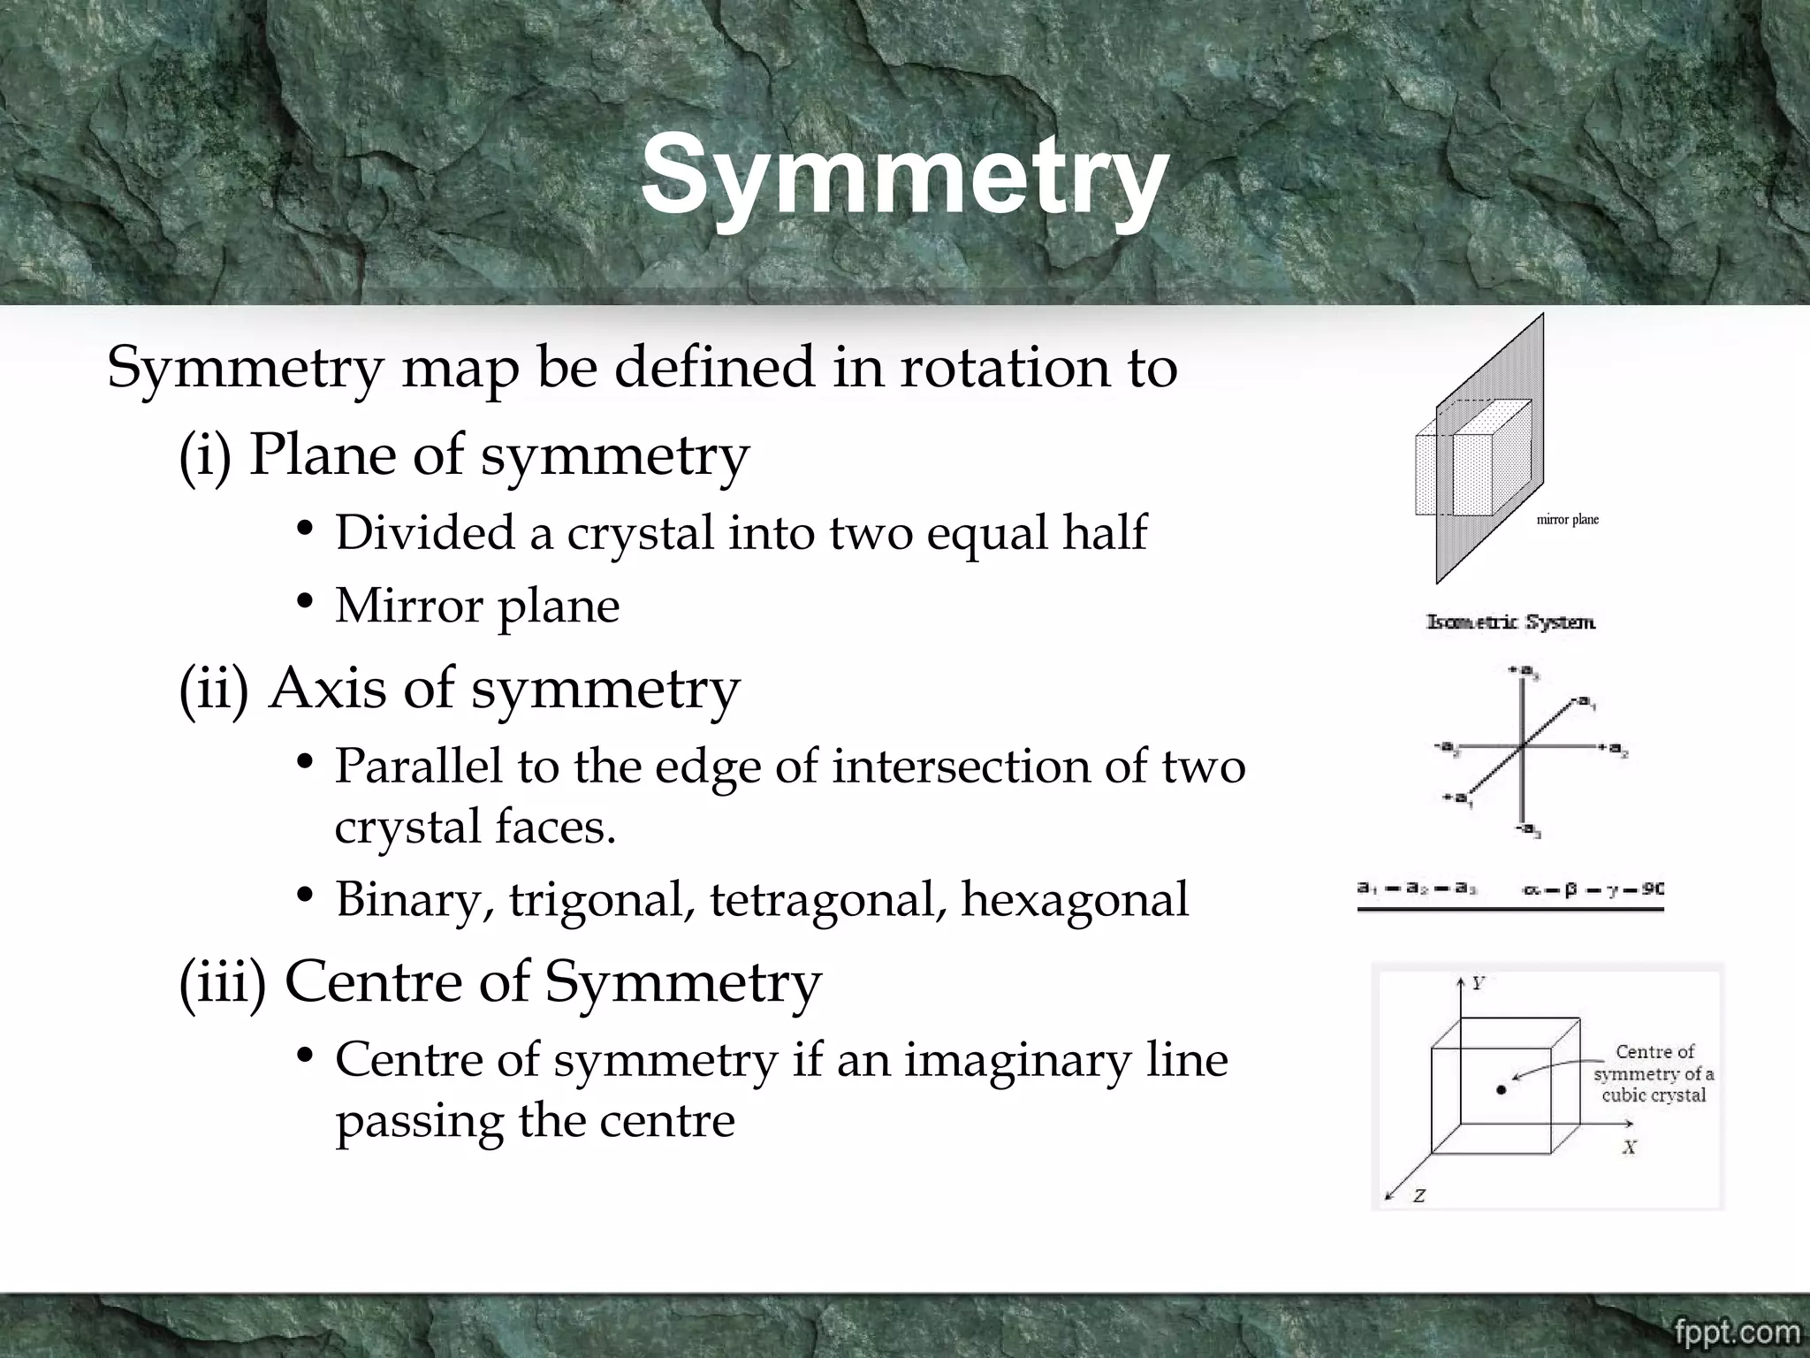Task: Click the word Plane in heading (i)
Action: click(323, 456)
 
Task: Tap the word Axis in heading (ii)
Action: click(327, 689)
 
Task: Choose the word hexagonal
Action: click(1075, 901)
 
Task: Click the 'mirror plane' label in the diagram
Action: click(1568, 520)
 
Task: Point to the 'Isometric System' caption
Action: click(1511, 622)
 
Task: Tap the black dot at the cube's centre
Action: click(1501, 1090)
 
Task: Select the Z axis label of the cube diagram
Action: click(1418, 1196)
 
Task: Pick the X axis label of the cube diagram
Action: click(1630, 1148)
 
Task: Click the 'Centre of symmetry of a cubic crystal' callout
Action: click(1654, 1073)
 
